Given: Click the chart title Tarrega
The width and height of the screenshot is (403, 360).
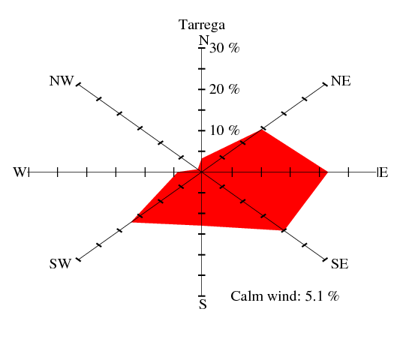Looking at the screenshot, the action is point(202,25).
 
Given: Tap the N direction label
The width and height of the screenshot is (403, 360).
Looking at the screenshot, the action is point(204,40).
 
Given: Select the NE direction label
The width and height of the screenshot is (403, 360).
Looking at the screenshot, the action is point(341,81).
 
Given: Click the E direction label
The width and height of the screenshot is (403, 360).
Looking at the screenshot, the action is point(383,172).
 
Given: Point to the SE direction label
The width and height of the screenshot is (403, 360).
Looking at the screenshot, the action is point(340,264).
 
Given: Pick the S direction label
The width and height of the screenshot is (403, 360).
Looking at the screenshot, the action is point(203,304).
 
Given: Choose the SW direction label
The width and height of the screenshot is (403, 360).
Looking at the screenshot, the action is point(60,264).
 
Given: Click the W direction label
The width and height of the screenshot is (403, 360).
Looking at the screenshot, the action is point(20,172).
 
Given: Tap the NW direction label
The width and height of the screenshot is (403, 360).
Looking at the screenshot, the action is point(62,81).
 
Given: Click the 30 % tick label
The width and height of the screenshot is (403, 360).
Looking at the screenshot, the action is point(224,48).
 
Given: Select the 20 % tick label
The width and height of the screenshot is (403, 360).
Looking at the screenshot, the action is point(224,89).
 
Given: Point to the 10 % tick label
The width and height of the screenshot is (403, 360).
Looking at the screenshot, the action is point(224,130).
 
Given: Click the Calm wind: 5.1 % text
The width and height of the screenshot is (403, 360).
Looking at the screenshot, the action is point(284,296).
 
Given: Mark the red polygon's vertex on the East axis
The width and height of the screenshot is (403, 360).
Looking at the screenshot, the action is point(328,172).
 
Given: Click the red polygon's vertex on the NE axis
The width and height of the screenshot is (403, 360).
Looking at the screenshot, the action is point(262,129).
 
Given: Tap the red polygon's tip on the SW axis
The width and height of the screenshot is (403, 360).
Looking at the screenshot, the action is point(131,221).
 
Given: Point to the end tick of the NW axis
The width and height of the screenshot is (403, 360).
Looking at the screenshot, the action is point(78,84).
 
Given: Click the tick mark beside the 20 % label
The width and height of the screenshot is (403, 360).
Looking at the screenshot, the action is point(202,89).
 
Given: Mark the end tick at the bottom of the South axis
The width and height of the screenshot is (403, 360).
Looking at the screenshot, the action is point(202,295).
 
